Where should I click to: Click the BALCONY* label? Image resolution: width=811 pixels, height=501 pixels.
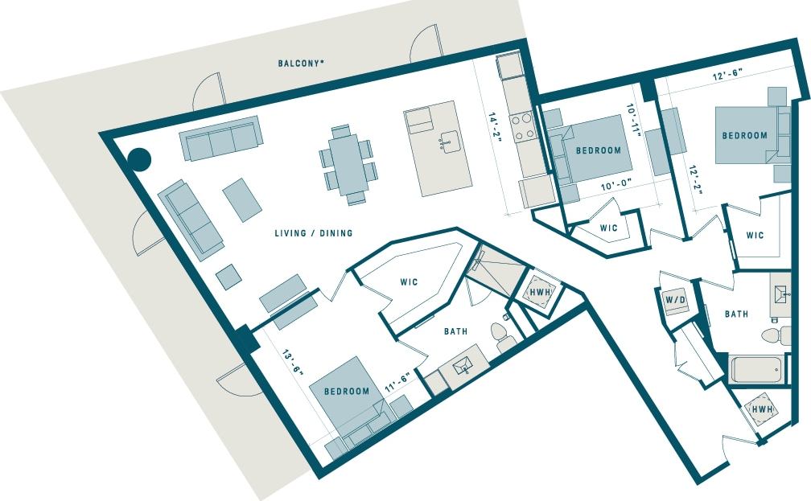tap(301, 63)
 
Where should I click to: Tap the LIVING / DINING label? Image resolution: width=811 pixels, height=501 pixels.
tap(314, 234)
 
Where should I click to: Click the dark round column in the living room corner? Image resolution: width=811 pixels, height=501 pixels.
tap(141, 159)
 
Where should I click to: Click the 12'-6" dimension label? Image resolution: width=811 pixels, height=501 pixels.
tap(727, 72)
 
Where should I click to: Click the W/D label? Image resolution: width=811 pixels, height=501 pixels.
tap(673, 301)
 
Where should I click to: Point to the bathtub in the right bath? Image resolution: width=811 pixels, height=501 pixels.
tap(755, 370)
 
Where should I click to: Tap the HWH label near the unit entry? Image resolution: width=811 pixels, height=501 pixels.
tap(762, 410)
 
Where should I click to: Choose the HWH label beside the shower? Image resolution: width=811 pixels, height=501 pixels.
tap(537, 291)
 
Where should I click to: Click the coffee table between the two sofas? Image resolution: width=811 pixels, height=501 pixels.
tap(242, 199)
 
